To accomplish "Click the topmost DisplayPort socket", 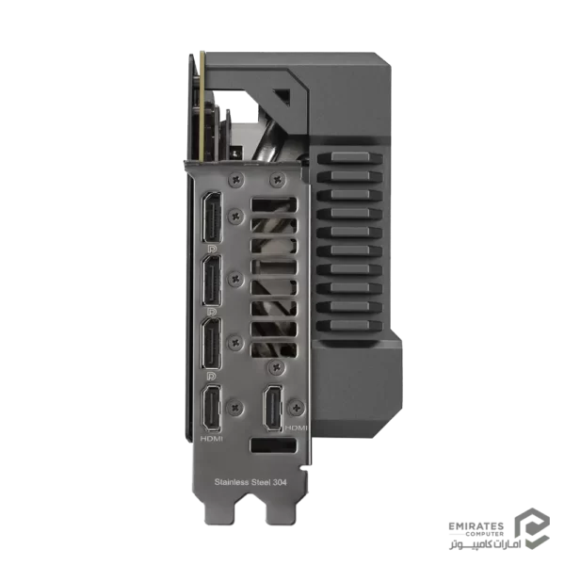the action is point(212,218).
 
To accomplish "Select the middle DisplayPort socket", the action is point(212,280).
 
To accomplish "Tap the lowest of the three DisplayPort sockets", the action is point(212,343).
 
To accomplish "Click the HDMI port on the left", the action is point(212,408).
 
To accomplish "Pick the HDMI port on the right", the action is point(274,408).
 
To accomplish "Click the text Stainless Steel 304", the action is point(250,482).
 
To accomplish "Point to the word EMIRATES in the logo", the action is point(476,526).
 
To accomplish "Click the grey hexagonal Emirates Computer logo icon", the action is point(532,528).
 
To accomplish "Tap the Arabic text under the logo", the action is point(485,543).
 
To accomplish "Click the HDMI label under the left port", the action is point(212,439).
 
